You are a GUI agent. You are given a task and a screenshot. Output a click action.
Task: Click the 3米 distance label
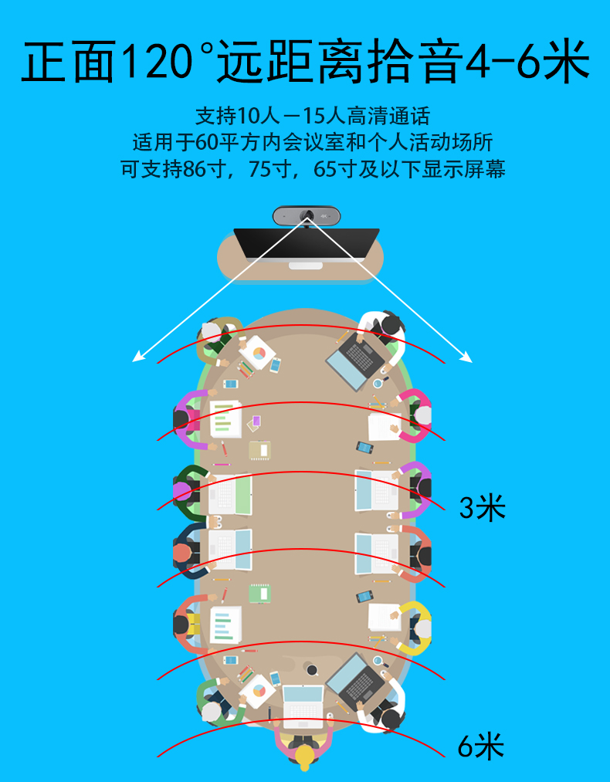click(483, 508)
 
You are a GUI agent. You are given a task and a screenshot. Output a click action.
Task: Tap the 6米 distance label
click(481, 746)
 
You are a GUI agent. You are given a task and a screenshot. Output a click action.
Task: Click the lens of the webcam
click(307, 216)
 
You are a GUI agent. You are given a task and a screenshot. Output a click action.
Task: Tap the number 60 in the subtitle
click(207, 143)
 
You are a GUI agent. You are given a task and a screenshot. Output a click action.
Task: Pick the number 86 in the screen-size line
click(194, 170)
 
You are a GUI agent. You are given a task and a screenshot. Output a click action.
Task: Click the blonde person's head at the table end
click(303, 757)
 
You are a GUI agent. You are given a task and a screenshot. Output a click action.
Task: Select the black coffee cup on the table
click(312, 670)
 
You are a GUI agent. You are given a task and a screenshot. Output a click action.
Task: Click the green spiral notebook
click(259, 593)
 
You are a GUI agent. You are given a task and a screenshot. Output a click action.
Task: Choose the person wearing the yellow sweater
click(414, 628)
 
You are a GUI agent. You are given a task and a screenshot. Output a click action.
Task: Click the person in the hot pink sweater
click(413, 415)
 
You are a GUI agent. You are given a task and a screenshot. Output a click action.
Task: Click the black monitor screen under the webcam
click(307, 244)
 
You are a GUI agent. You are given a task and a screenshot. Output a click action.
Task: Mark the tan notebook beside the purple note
click(259, 450)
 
